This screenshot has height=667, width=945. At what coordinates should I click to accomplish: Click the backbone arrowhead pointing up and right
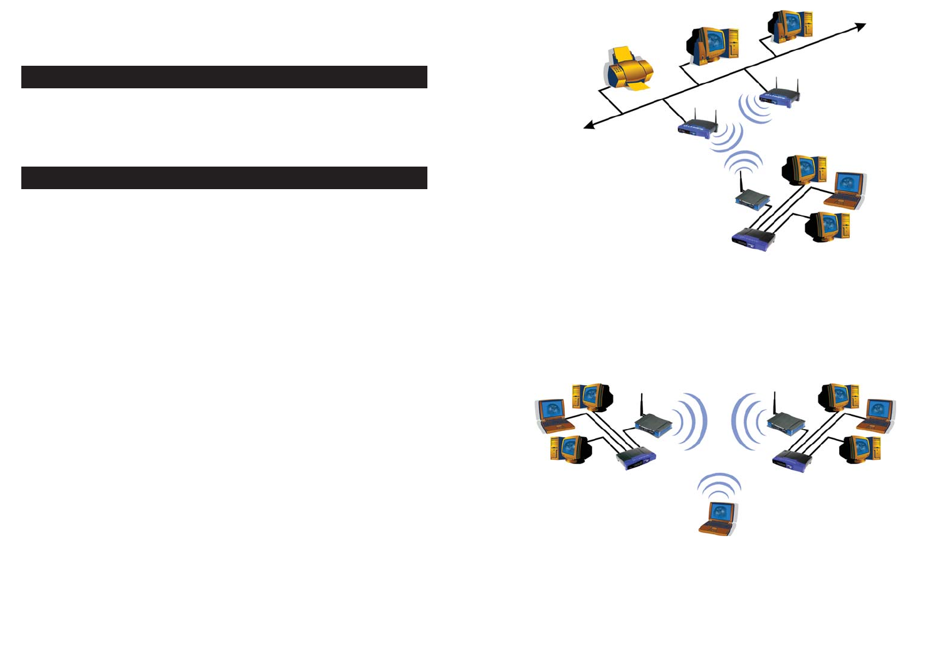(860, 27)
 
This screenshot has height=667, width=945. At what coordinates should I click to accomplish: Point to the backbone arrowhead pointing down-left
(589, 126)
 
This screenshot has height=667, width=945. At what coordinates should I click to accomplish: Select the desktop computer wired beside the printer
(713, 46)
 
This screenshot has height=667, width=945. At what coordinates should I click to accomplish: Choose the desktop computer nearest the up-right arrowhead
(791, 26)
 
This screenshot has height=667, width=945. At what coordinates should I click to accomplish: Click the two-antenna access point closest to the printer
(697, 127)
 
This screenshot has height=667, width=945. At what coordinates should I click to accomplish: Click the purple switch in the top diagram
(754, 239)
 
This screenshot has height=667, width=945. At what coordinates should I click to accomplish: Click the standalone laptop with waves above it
(718, 518)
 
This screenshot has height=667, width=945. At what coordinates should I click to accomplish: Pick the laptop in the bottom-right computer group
(877, 415)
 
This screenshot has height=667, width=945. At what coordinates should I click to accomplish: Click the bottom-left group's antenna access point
(653, 423)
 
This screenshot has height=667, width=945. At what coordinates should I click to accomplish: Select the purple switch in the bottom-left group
(635, 460)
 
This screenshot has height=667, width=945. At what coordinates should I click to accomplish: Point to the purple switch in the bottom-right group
(792, 460)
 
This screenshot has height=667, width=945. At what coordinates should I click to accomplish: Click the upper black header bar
(224, 77)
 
